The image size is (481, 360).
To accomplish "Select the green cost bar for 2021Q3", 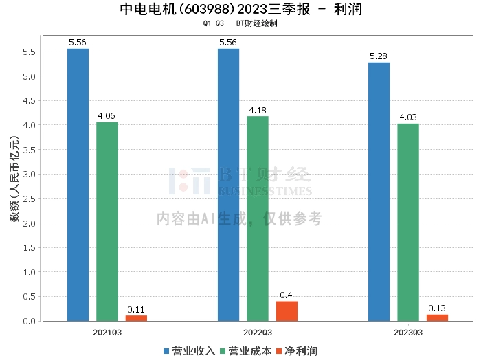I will coord(107,221).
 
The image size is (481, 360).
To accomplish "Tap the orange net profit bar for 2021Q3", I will coord(136,318).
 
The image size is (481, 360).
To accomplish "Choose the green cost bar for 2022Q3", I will coord(258,218).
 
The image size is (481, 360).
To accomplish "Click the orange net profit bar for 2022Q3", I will coord(287,311).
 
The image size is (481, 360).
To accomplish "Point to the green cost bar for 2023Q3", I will coord(408,222).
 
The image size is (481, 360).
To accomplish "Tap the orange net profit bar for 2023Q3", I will coord(437,317).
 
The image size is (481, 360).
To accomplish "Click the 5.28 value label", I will coord(379,56).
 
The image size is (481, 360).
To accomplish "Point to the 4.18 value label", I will coord(258,110).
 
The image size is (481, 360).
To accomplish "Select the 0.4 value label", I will coord(287,295).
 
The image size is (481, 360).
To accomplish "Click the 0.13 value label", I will coord(437,308).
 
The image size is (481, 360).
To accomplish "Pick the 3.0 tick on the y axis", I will coord(28,174).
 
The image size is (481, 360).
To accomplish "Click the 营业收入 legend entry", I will coord(189,351).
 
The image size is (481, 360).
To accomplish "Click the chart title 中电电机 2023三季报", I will coord(240,9).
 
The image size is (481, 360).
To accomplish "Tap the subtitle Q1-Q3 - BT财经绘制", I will coord(240,23).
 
